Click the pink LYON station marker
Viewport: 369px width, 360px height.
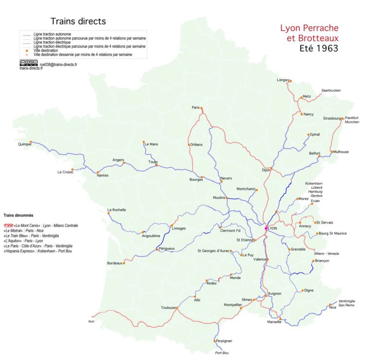266,228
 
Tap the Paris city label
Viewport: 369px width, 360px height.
195,107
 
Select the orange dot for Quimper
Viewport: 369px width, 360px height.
31,142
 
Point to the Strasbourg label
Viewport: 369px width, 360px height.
332,118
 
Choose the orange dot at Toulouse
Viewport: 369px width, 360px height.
177,308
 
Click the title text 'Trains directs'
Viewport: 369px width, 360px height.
78,22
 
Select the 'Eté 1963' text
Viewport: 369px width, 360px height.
319,48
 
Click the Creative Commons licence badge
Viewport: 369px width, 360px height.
29,62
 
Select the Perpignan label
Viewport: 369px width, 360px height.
224,341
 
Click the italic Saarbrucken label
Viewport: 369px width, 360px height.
331,90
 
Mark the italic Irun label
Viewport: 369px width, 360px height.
91,321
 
